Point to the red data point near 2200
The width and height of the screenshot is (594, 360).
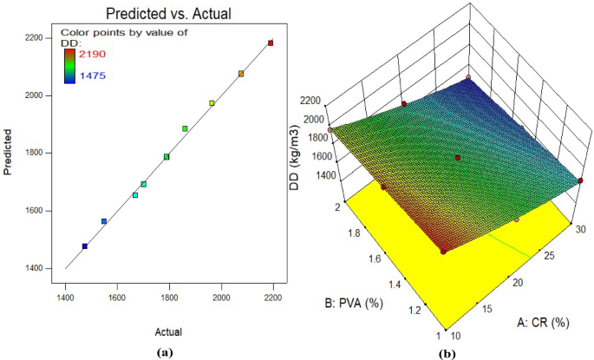point(271,43)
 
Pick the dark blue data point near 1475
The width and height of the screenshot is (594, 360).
point(85,246)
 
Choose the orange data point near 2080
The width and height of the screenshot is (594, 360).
point(241,74)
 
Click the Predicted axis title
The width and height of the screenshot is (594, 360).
point(9,154)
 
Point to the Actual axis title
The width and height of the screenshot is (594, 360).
point(170,331)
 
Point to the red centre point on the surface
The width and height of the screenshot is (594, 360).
point(458,158)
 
